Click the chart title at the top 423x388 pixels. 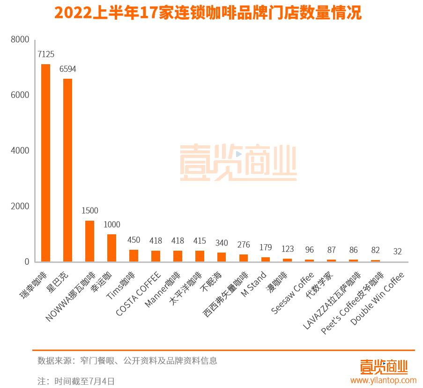(x=208, y=13)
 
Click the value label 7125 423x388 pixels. (x=45, y=54)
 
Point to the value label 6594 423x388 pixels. (x=67, y=69)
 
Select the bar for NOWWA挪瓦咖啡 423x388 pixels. (x=89, y=241)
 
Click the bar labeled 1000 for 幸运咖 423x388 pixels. (x=111, y=248)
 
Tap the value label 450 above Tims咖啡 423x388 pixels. (x=134, y=240)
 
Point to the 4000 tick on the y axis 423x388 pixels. (x=20, y=150)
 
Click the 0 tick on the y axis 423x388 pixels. (x=27, y=261)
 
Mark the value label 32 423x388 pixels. (x=398, y=252)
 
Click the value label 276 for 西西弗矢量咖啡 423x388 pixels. (x=244, y=245)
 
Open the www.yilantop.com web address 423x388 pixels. (x=383, y=380)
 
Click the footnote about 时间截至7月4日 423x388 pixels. (x=76, y=381)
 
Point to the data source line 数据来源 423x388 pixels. (x=127, y=361)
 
